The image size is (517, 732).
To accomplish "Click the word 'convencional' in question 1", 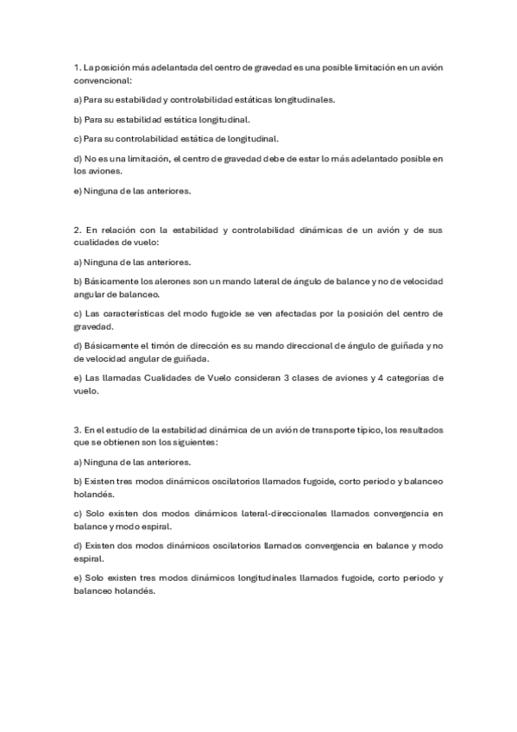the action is (x=103, y=80).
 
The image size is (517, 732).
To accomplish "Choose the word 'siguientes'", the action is (x=193, y=442).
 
